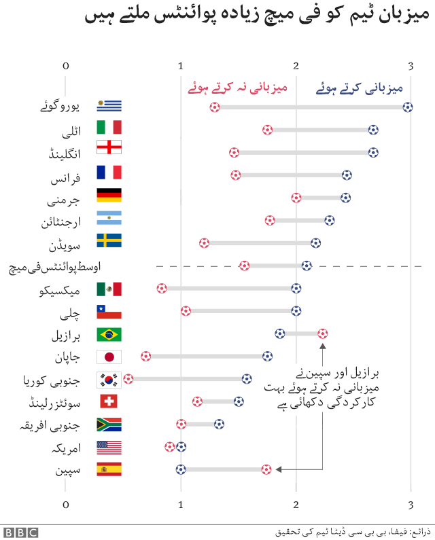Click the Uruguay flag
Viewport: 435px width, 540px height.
point(109,106)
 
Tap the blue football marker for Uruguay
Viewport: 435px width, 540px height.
point(407,107)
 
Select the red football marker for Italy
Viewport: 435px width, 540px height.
point(268,130)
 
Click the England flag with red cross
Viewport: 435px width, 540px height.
point(109,147)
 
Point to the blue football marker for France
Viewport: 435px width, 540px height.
point(347,175)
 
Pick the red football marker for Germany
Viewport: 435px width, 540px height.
point(296,198)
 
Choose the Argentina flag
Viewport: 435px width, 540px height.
point(109,219)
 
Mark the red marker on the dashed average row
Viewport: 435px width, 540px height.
point(244,266)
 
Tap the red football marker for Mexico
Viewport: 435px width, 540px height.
point(161,288)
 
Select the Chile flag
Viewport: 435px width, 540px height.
point(109,311)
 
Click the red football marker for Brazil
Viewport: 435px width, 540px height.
point(322,334)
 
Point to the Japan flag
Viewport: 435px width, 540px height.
point(109,357)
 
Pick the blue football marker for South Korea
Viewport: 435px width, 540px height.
point(246,378)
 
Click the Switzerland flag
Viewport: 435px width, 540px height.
point(109,401)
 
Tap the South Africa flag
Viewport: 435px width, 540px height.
point(109,425)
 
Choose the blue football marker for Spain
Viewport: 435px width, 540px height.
point(181,469)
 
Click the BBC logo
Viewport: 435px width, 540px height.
point(20,532)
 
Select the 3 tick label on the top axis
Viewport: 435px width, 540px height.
point(411,66)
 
